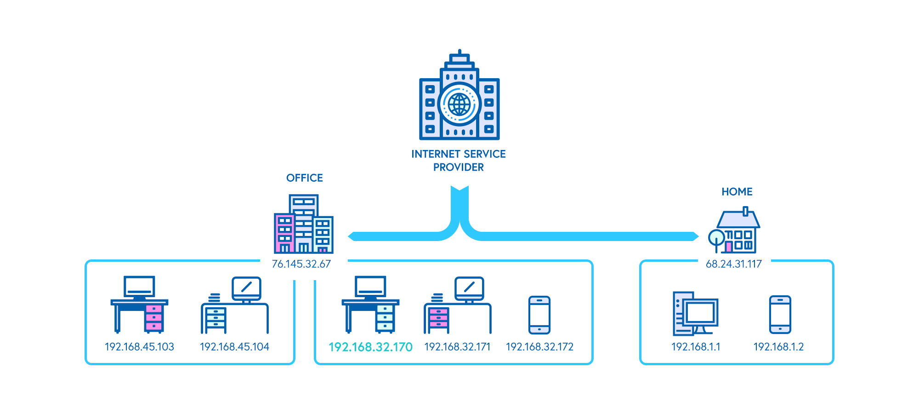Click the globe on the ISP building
point(459,104)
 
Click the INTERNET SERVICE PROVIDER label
point(458,160)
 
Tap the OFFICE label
point(304,178)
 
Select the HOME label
point(737,192)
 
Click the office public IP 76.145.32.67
point(301,264)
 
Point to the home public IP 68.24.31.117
point(733,264)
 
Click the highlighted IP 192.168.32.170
point(370,347)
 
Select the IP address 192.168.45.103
point(139,347)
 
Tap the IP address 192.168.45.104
point(234,347)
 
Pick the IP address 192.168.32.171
point(457,347)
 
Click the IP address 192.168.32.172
point(539,347)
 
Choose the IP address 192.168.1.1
point(696,347)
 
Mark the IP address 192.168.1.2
point(778,347)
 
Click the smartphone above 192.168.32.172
point(539,315)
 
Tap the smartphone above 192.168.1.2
point(780,314)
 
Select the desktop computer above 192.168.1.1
point(695,314)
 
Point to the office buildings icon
point(303,225)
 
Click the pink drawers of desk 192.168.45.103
point(153,317)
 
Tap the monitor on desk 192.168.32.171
point(469,288)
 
